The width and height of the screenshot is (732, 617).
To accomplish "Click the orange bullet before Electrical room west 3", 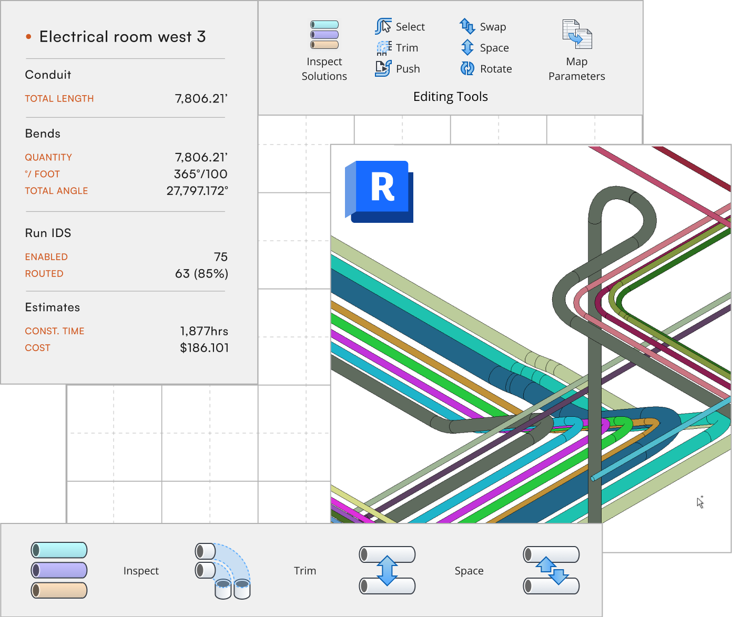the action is click(29, 36).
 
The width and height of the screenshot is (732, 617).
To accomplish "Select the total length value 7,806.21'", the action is click(201, 98).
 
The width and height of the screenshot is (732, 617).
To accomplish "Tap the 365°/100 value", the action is click(200, 174).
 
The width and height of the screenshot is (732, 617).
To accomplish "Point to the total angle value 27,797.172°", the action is click(197, 191).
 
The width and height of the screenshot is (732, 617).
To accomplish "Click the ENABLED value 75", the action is click(221, 257).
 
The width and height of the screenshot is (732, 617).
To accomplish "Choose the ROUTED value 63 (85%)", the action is click(201, 273).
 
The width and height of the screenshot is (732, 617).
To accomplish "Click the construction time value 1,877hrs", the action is click(204, 331).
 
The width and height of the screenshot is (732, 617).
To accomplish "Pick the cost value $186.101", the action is click(204, 347).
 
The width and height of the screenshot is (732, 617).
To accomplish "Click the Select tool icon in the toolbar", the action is click(383, 26).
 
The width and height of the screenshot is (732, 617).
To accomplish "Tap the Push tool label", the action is click(408, 69).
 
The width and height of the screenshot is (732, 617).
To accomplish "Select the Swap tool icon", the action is click(467, 26).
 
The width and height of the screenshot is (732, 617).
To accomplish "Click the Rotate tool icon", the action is click(467, 68).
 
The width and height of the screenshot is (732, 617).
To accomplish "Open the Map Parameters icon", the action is click(577, 34).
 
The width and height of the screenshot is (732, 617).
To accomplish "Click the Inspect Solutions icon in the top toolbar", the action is click(324, 34).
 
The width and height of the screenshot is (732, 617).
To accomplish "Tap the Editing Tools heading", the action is click(451, 96).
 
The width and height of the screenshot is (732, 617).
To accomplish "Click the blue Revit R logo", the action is click(379, 191).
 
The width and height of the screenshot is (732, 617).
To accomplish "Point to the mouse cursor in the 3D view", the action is click(700, 502).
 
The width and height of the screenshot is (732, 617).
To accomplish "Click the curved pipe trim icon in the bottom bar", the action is click(222, 570).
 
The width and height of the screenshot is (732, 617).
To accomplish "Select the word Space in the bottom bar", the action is click(469, 571).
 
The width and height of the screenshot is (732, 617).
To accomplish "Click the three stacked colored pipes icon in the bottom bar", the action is click(59, 570).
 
